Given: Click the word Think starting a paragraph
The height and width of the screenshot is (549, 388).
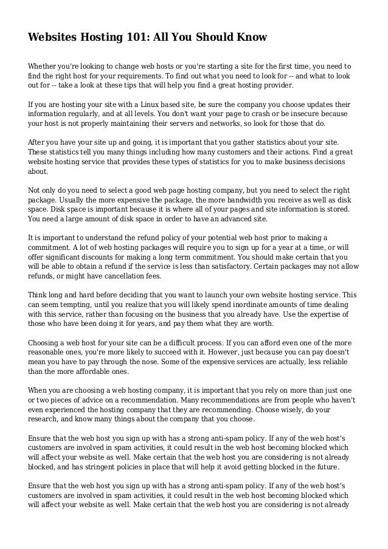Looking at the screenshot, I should [x=39, y=295].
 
